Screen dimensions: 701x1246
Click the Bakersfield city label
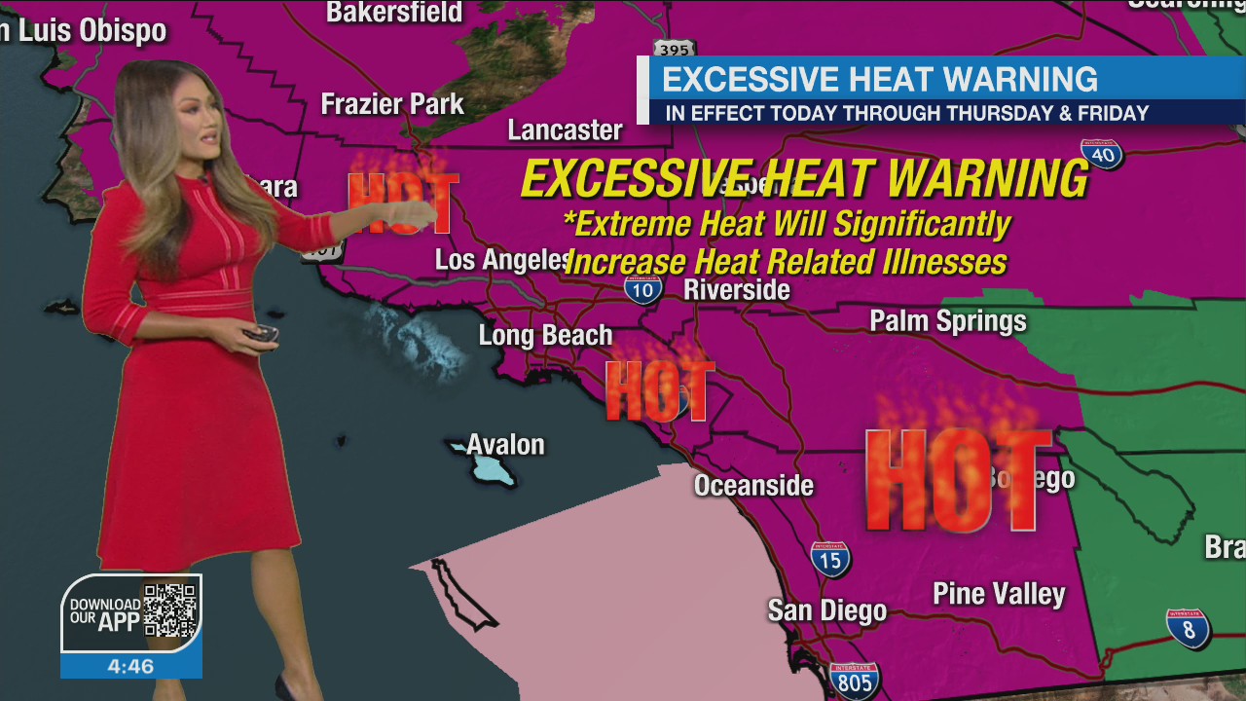(x=393, y=13)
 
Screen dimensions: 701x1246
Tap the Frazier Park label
(x=392, y=104)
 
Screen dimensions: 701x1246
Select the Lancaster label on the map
(x=565, y=130)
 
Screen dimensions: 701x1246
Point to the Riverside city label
(x=736, y=290)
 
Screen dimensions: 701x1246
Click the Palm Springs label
(x=947, y=321)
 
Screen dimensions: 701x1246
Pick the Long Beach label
(x=545, y=336)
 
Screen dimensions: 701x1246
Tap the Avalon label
(x=505, y=445)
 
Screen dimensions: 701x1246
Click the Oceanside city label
(x=752, y=485)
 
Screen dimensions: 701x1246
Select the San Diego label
(x=826, y=610)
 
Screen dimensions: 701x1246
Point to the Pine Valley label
(x=999, y=594)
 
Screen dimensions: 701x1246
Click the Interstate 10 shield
(x=642, y=288)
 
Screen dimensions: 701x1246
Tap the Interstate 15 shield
(x=829, y=559)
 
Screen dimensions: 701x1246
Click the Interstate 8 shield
(x=1188, y=628)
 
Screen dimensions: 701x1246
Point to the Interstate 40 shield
(x=1101, y=153)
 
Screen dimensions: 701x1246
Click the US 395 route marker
(x=674, y=49)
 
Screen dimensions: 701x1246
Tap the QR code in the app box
(x=170, y=610)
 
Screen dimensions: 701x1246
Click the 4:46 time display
(x=130, y=667)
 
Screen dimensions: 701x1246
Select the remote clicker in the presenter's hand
(x=261, y=335)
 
